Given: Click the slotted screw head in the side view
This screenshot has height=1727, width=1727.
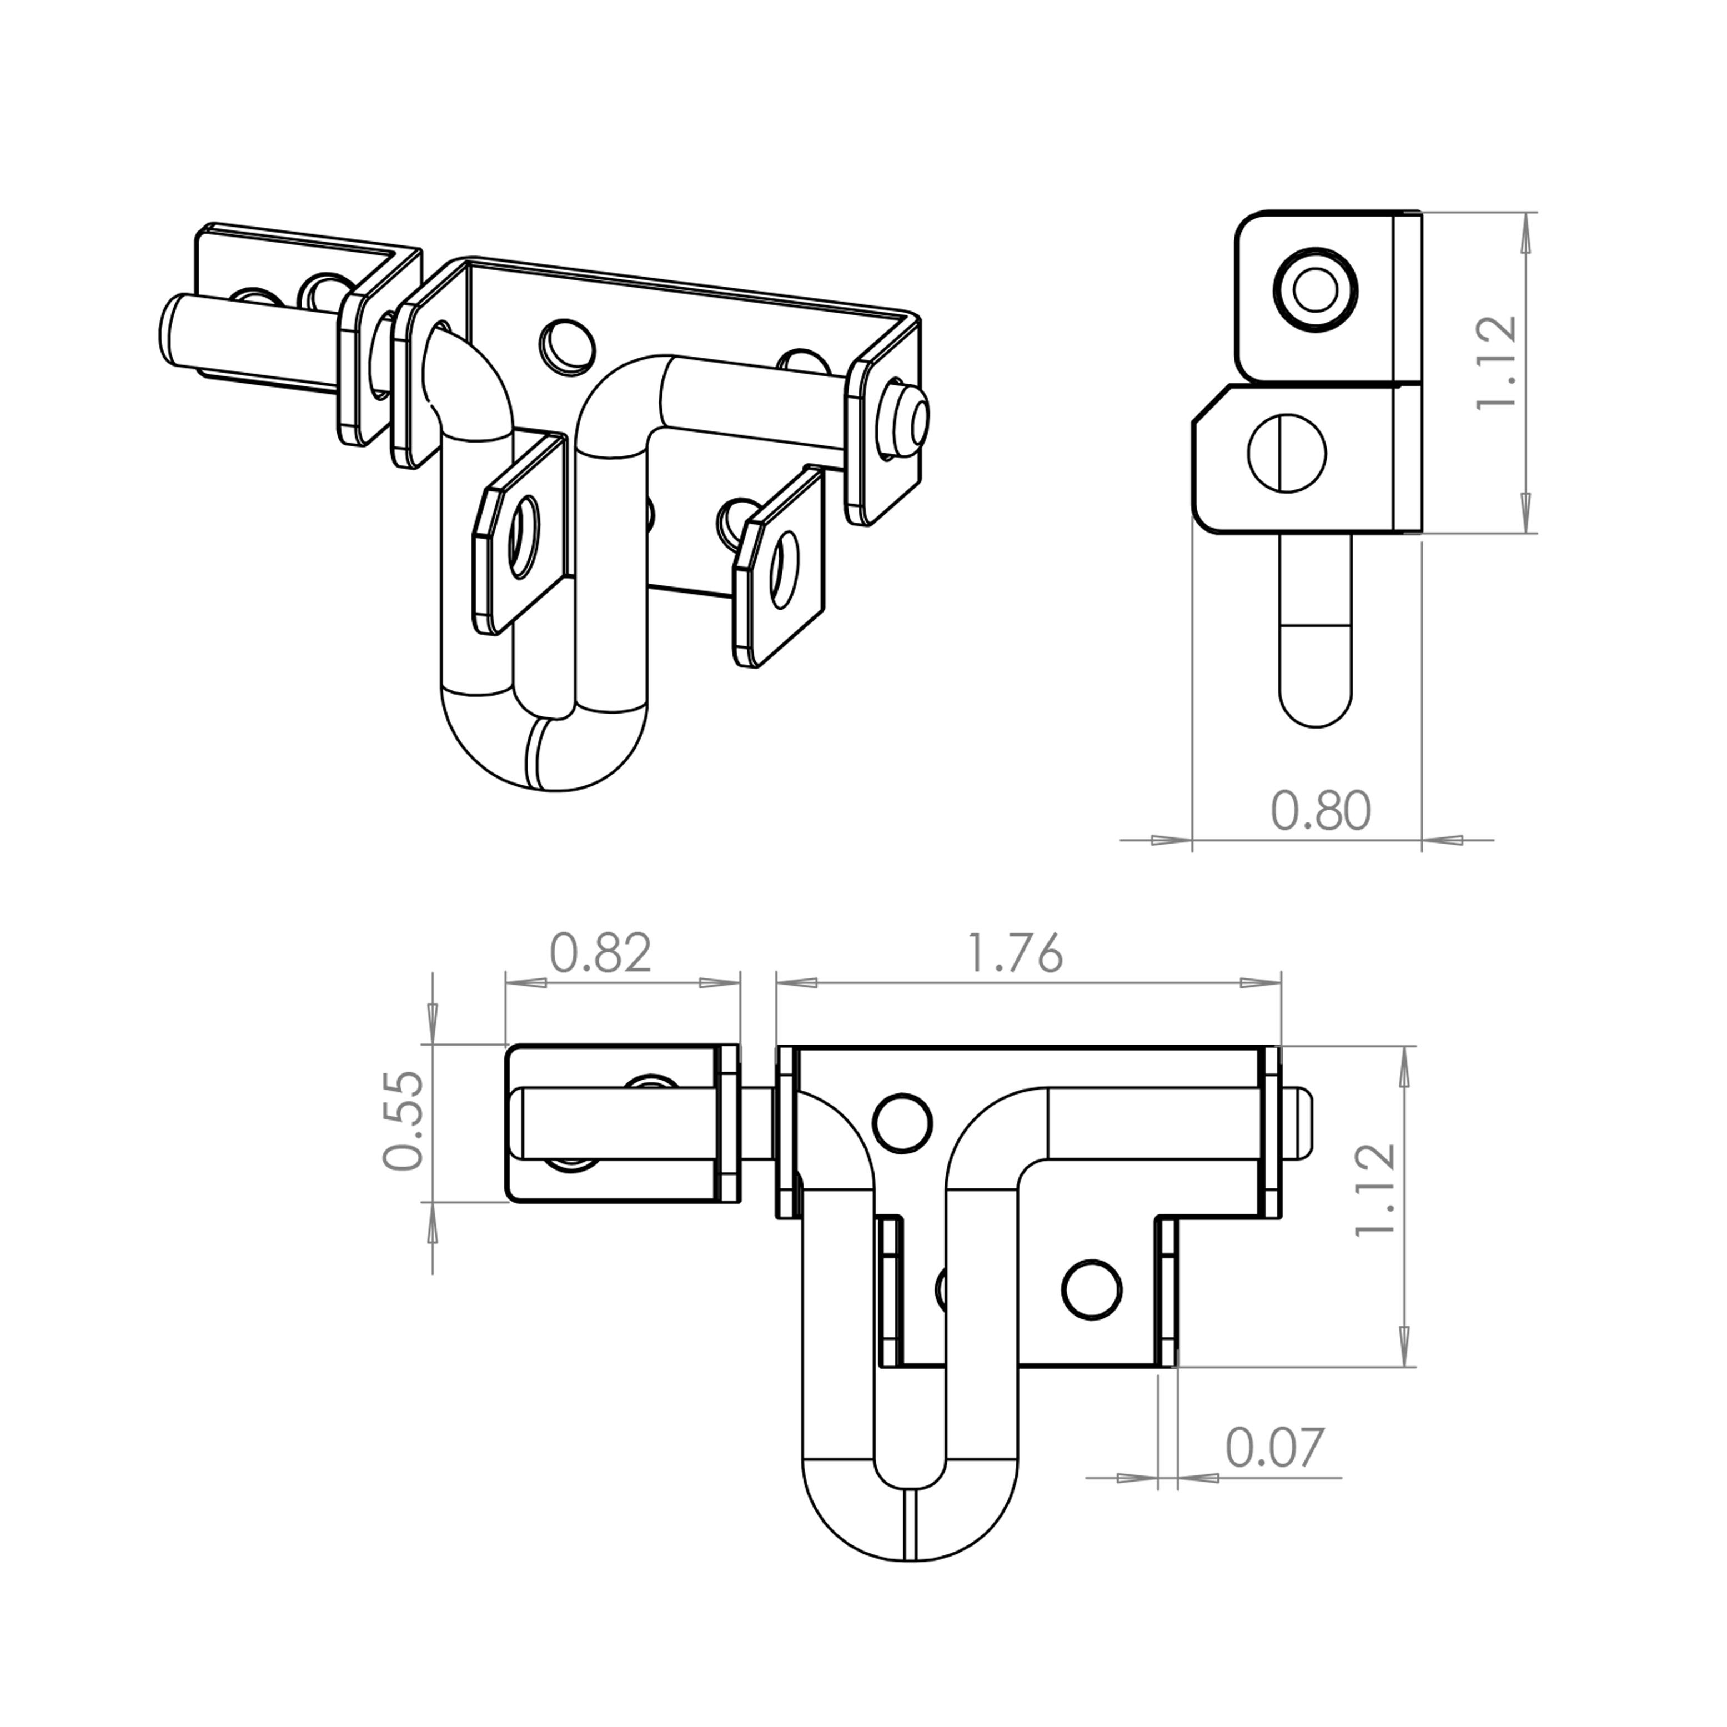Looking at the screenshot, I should (x=1286, y=455).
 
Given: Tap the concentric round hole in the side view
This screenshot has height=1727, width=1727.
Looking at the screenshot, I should (x=1315, y=290).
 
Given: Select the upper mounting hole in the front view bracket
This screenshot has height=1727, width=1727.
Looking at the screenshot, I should (x=902, y=1123).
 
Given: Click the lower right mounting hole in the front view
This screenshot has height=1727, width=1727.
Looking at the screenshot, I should (x=1091, y=1289).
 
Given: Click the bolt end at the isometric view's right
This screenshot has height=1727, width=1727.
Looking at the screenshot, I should (x=908, y=416).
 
